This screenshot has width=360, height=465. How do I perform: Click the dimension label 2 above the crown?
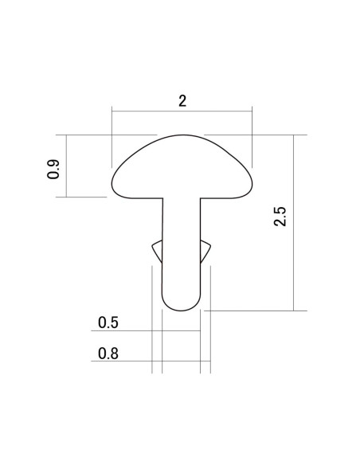point(182,101)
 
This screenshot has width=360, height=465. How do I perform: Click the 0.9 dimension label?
point(53,169)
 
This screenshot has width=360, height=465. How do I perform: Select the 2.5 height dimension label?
point(280,217)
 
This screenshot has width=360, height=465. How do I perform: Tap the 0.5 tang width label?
point(108,322)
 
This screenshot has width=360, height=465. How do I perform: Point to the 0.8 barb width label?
point(108,354)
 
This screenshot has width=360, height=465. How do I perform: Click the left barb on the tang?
point(158,251)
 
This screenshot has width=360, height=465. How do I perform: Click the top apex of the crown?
point(182,135)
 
